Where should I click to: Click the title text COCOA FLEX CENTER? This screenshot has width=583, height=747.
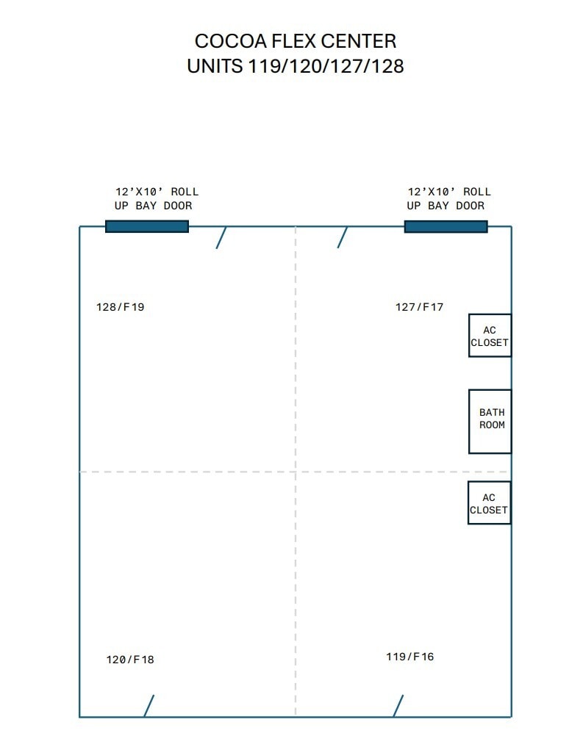coord(295,40)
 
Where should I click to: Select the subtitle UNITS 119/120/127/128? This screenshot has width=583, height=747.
coord(295,66)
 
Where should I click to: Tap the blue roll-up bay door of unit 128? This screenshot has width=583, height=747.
coord(147,226)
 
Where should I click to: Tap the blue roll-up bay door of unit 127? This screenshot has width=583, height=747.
coord(446,226)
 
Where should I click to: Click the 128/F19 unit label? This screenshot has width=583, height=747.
coord(121,307)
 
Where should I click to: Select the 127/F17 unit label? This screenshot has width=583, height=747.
coord(420,307)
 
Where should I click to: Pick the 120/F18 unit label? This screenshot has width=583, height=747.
coord(130,660)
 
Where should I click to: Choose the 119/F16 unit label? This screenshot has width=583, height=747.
coord(410,657)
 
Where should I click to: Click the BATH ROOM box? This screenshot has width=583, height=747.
coord(490,421)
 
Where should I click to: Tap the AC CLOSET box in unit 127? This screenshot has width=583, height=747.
coord(490,336)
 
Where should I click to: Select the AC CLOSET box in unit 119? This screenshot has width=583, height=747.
coord(489,503)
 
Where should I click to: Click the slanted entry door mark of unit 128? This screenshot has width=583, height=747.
coord(221,237)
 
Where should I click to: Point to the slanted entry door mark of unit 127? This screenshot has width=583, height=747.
coord(343,237)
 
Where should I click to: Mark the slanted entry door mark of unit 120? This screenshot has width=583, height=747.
coord(149,706)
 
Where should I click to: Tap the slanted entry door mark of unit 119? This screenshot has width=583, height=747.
coord(398,706)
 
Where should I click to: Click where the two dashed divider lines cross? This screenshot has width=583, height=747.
coord(296,472)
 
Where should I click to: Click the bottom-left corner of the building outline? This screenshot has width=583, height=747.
coord(79,716)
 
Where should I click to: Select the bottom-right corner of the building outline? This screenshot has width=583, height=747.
coord(511,716)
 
